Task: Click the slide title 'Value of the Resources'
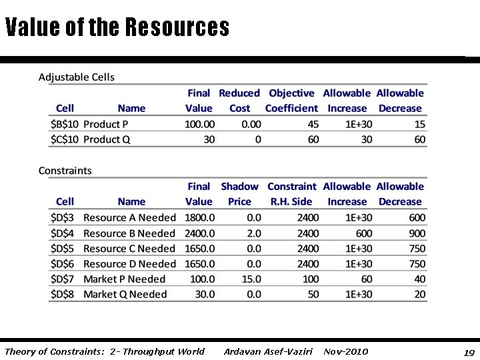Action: pyautogui.click(x=117, y=27)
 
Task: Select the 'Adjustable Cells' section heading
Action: pyautogui.click(x=77, y=77)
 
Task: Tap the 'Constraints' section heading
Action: pyautogui.click(x=65, y=171)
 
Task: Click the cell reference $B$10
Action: pyautogui.click(x=65, y=124)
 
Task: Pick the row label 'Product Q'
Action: pyautogui.click(x=106, y=139)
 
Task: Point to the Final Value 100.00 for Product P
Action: pyautogui.click(x=199, y=124)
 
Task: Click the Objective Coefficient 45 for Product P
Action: pyautogui.click(x=313, y=124)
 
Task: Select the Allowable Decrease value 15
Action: pyautogui.click(x=419, y=124)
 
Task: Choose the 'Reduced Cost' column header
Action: pyautogui.click(x=239, y=101)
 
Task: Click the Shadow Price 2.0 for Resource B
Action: pyautogui.click(x=254, y=233)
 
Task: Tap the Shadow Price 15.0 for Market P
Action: pyautogui.click(x=251, y=279)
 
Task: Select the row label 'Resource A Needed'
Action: pyautogui.click(x=129, y=218)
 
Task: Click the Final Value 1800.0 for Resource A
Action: pyautogui.click(x=199, y=218)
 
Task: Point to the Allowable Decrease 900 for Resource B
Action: pyautogui.click(x=417, y=233)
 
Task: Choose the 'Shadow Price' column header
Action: pyautogui.click(x=239, y=194)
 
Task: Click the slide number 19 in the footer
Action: pyautogui.click(x=469, y=352)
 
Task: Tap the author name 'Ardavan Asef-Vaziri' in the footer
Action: pyautogui.click(x=268, y=351)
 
